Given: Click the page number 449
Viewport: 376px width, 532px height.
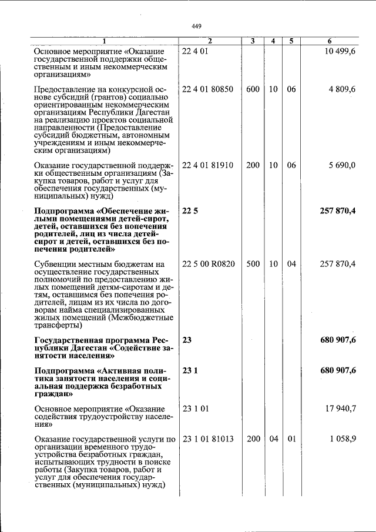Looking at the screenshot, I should coord(196,26).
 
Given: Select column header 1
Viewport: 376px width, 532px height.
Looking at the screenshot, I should coord(105,41).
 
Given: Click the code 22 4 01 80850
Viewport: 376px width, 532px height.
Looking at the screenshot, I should coord(208,89).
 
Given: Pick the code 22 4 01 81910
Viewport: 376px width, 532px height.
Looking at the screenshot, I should coord(208,165).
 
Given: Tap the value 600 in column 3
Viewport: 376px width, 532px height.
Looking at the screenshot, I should coord(253,89).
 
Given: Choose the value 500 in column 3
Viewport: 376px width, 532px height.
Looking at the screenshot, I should coord(253,264).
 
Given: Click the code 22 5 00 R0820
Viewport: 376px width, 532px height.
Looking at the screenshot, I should coord(209,264).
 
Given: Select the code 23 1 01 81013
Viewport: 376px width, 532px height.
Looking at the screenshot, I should coord(208,439).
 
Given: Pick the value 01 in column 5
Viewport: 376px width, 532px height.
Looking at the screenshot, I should coord(291,439).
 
